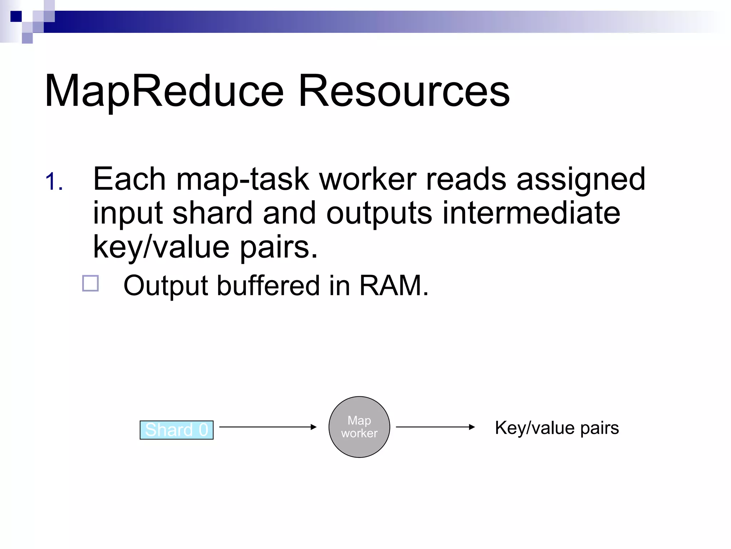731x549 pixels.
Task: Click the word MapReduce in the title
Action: tap(164, 91)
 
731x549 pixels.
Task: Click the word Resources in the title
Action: tap(404, 91)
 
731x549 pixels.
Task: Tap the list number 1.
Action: tap(54, 182)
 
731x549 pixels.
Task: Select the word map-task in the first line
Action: tap(242, 179)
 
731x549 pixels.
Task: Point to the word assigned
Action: tap(581, 179)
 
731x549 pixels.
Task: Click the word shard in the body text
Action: tap(212, 213)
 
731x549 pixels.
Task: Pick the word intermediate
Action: tap(531, 213)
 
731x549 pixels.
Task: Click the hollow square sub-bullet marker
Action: tap(90, 283)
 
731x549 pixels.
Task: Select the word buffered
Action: tap(268, 286)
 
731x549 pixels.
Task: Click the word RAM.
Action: tap(393, 286)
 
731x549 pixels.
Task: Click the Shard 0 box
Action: tap(176, 430)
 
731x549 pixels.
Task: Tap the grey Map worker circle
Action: tap(359, 427)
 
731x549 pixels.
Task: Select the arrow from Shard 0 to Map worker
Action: tap(268, 427)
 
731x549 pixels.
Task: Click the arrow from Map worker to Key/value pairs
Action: tap(435, 427)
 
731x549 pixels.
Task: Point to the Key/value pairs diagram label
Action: tap(557, 428)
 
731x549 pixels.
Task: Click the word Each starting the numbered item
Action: tap(129, 179)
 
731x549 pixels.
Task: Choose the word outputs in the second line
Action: tap(379, 213)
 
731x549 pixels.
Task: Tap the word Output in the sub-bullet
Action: tap(165, 286)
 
